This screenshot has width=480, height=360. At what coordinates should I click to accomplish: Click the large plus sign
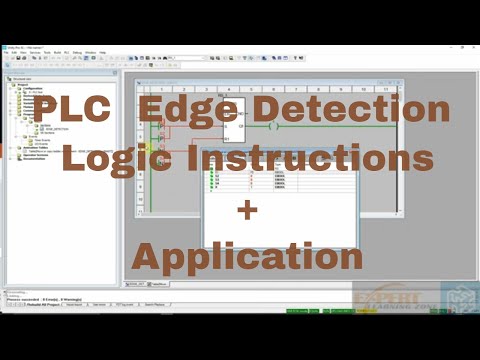point(246,210)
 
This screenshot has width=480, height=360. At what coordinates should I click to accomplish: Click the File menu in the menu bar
point(6,52)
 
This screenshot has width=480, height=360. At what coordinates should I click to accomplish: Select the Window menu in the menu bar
point(91,52)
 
